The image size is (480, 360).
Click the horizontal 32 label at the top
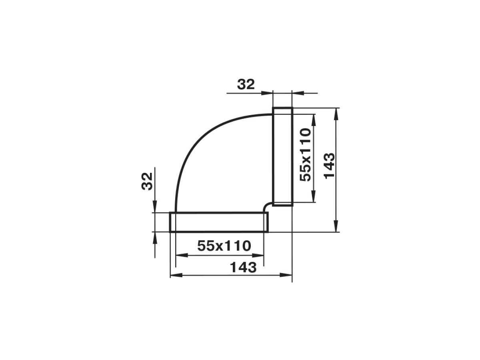tap(246, 84)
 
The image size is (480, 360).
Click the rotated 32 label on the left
tap(147, 181)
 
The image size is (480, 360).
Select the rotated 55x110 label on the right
tap(305, 155)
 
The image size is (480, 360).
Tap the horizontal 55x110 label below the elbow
tap(224, 246)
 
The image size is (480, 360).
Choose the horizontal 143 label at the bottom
tap(243, 267)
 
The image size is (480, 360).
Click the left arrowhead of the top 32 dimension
tap(267, 93)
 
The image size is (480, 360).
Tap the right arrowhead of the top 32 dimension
tap(298, 93)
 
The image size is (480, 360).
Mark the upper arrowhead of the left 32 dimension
tap(155, 206)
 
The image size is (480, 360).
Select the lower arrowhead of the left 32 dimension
tap(155, 238)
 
